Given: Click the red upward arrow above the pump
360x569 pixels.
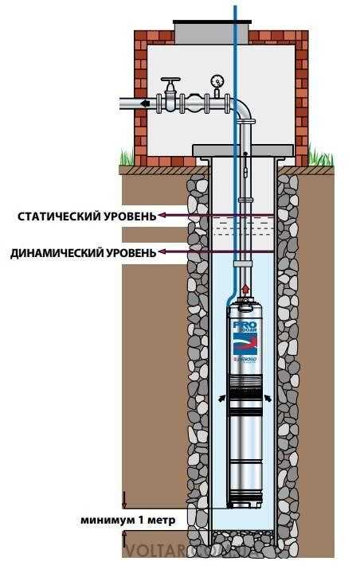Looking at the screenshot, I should click(245, 289).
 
